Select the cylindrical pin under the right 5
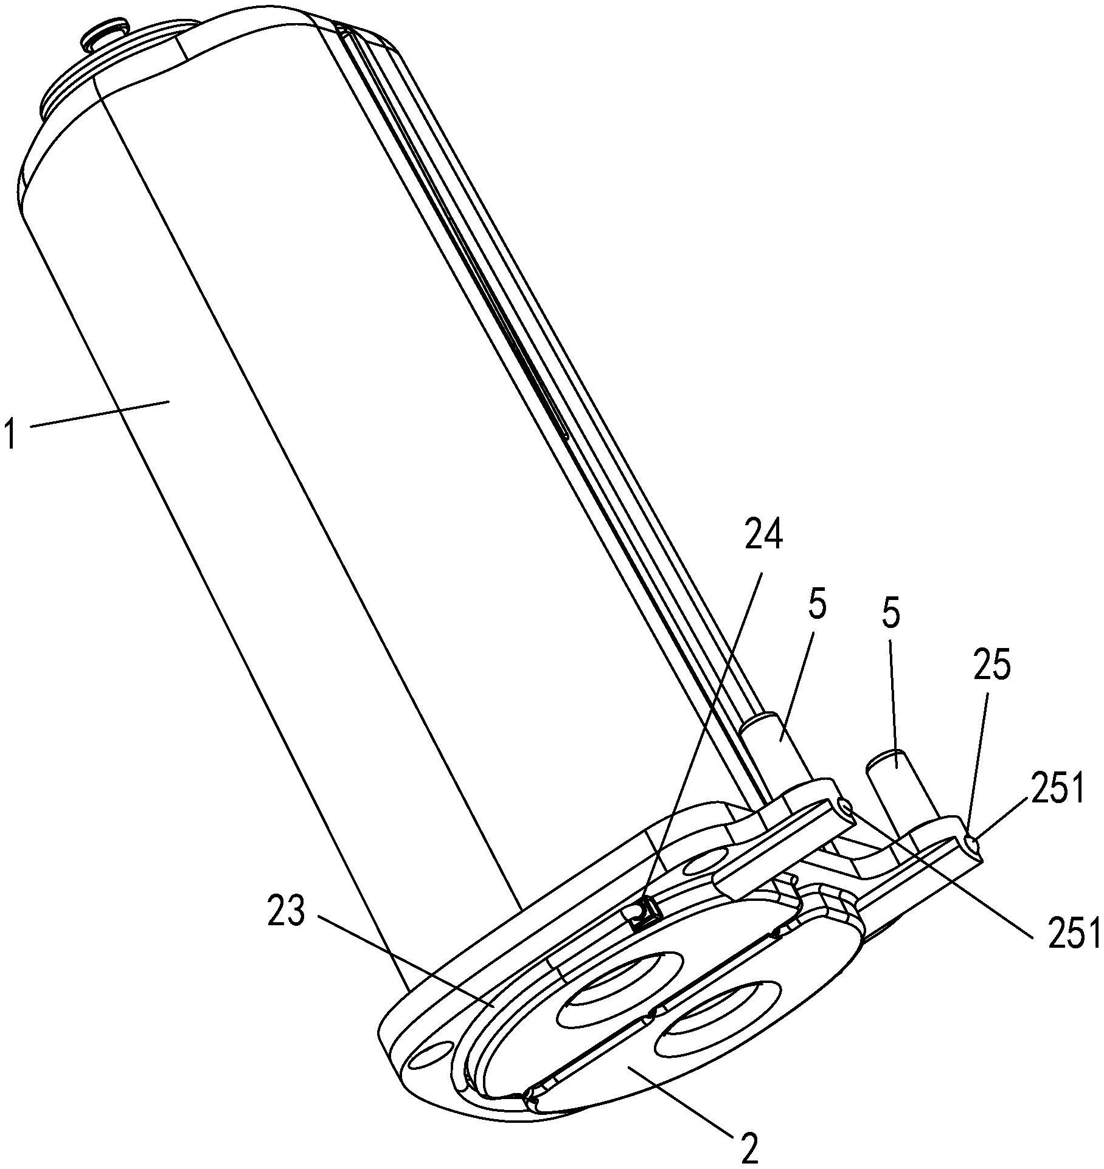click(900, 791)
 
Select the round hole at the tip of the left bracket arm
click(845, 807)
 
